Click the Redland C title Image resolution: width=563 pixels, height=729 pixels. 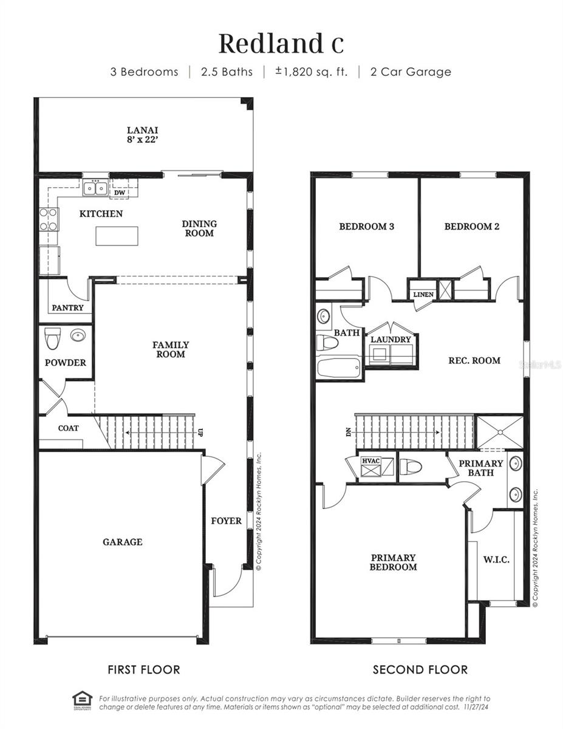(x=281, y=44)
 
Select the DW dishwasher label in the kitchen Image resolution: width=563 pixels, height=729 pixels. (x=120, y=193)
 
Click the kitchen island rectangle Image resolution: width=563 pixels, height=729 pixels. (x=117, y=236)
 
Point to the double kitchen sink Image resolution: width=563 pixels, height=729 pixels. (x=95, y=188)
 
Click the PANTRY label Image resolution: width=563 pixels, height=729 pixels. (x=67, y=308)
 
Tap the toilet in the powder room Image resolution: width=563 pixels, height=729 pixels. (x=52, y=338)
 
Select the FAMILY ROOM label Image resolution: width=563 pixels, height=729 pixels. (x=171, y=349)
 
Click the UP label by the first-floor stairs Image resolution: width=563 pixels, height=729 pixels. (x=200, y=432)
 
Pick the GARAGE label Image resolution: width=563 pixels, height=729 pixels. (x=122, y=542)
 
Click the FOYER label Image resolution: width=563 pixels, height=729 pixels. (x=226, y=521)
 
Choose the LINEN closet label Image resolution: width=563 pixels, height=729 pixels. (x=423, y=295)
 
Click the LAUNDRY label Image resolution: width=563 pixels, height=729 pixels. (x=391, y=340)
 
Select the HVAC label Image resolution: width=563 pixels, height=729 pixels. (x=370, y=460)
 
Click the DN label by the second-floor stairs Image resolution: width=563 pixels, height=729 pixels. (x=348, y=433)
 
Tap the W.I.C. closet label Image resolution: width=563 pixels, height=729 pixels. (x=496, y=560)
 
